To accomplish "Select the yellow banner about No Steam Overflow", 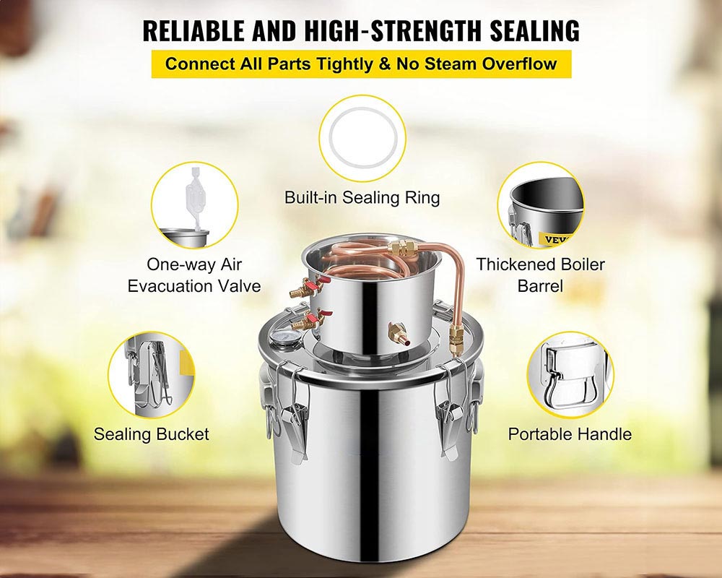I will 361,63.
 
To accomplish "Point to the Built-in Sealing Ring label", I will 362,197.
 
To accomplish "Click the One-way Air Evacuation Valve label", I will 194,275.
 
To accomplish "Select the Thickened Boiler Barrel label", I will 540,275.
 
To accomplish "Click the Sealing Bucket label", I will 151,434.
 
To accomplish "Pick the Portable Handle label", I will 570,434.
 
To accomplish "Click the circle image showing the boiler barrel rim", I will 540,205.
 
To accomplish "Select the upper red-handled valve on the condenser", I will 297,290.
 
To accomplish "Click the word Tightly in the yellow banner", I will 341,63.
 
